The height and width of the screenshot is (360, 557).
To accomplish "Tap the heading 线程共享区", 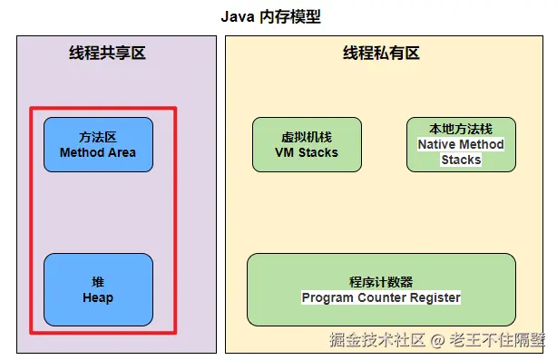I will tap(107, 54).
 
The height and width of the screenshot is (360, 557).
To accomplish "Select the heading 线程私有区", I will tap(381, 54).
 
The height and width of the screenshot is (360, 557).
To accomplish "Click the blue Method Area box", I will tap(98, 145).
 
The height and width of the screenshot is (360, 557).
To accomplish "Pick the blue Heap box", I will tap(98, 290).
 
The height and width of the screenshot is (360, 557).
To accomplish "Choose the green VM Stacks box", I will tap(307, 145).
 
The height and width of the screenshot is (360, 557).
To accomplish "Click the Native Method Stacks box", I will tap(460, 145).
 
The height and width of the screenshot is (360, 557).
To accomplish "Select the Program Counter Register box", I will tap(381, 289).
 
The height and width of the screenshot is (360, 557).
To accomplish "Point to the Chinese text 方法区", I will tap(98, 138).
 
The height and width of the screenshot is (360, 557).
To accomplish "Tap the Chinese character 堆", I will tap(98, 283).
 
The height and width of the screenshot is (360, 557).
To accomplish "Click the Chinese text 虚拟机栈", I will tap(307, 138).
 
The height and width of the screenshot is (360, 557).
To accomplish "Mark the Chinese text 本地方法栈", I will tap(460, 130).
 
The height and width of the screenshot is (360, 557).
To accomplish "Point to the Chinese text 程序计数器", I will tap(381, 282).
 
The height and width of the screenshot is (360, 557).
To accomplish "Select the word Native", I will tap(438, 145).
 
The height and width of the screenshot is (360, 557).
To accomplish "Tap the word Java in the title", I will tap(238, 17).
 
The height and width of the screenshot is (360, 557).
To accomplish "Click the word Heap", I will tap(98, 298).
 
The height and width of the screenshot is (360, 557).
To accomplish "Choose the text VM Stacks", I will tap(307, 153).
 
